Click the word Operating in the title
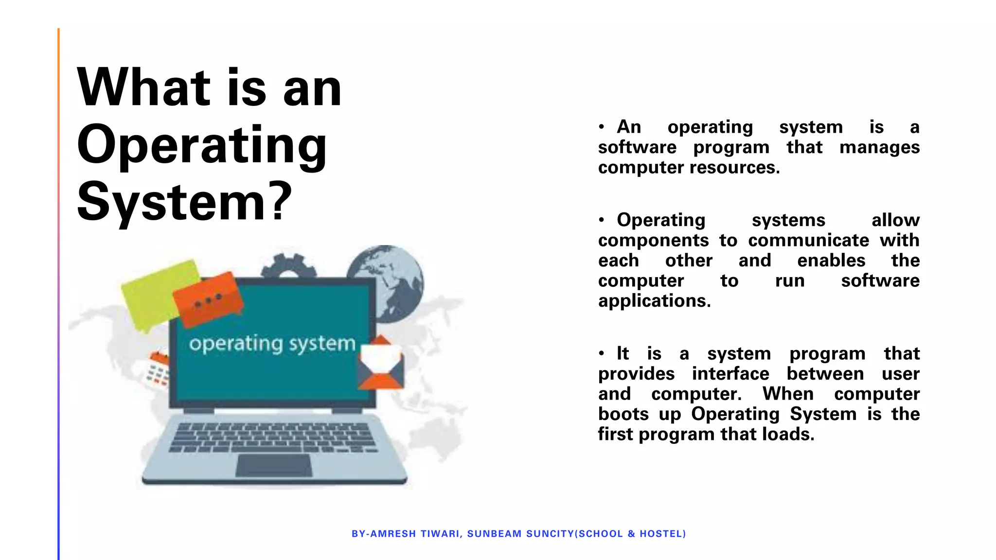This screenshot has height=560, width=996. point(202,146)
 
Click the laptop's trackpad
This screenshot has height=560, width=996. point(274,465)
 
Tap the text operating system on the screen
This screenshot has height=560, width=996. point(272,344)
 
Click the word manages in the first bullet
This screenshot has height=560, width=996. point(879,147)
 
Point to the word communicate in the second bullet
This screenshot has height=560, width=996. point(808,240)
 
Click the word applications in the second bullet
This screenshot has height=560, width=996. point(654,301)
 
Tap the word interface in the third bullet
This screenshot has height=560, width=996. point(730,374)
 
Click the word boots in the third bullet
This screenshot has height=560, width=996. point(623,414)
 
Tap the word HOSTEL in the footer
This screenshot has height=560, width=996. point(661,534)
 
